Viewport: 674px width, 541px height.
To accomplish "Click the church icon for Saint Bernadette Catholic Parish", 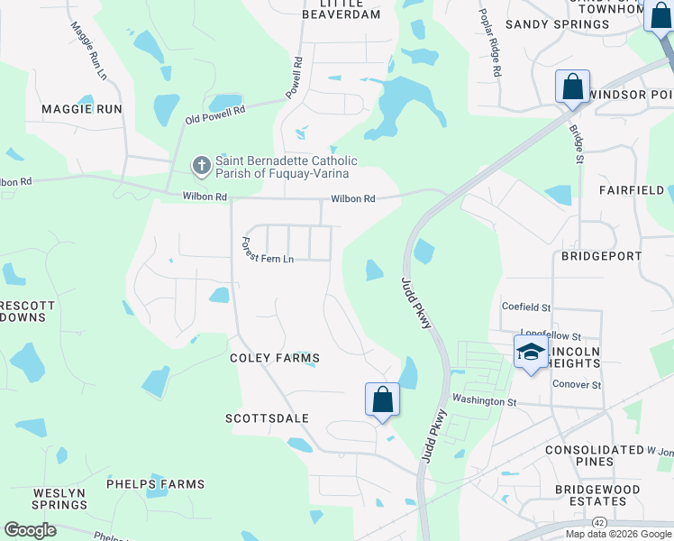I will click(200, 166).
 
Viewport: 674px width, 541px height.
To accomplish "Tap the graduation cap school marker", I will click(531, 351).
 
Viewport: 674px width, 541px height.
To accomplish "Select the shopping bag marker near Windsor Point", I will click(572, 87).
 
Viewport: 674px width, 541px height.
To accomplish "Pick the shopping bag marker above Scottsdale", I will click(382, 399).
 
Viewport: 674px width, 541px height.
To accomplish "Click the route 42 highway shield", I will click(599, 522).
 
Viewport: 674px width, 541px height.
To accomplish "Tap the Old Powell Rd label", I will click(215, 115).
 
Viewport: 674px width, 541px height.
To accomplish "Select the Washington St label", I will click(484, 400).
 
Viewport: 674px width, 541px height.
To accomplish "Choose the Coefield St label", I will click(526, 306).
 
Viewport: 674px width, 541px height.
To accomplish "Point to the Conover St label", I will click(577, 384).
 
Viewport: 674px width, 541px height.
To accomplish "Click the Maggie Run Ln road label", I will click(87, 50).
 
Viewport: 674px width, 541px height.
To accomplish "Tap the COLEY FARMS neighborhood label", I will click(275, 358).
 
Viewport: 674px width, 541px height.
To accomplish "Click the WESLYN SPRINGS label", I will click(59, 500).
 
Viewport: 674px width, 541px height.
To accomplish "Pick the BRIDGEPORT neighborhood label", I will click(601, 256).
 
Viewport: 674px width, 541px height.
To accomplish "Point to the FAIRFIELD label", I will click(632, 190).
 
